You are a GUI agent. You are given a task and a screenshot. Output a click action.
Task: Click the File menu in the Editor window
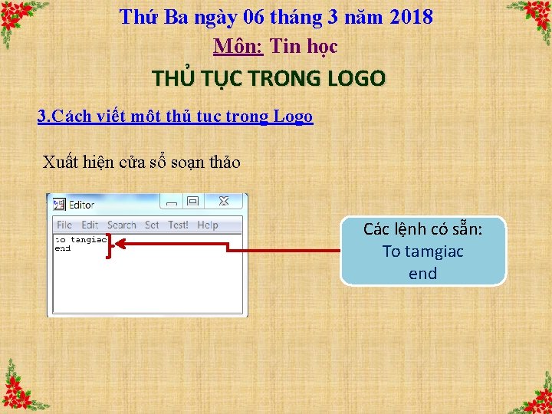tap(64, 225)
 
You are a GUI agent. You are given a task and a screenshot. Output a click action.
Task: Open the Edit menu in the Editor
tap(90, 225)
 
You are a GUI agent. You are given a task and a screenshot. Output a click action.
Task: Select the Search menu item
tap(121, 225)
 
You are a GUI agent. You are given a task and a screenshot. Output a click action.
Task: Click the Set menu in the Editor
tap(152, 225)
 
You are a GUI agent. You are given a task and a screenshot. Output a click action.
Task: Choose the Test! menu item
tap(178, 225)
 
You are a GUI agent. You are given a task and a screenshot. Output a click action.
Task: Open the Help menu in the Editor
tap(207, 225)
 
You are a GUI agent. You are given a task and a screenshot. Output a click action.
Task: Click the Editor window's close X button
tap(224, 202)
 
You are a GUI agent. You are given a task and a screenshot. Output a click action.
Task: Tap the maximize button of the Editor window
tap(193, 202)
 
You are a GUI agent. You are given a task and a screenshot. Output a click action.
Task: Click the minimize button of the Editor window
tap(172, 202)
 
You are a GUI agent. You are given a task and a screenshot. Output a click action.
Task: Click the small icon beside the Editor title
tap(59, 205)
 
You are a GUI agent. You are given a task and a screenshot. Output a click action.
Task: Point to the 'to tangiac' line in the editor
tap(80, 240)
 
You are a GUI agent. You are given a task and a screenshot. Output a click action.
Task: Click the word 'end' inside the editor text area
tap(62, 248)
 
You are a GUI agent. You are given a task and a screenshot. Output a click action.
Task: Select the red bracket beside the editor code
tap(110, 247)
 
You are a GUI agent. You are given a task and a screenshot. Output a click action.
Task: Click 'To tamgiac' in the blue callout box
tap(422, 251)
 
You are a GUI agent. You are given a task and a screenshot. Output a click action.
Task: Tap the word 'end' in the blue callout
tap(422, 274)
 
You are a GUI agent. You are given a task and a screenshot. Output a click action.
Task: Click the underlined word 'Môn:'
tap(238, 47)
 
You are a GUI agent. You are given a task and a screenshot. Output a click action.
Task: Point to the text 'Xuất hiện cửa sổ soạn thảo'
tap(141, 163)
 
